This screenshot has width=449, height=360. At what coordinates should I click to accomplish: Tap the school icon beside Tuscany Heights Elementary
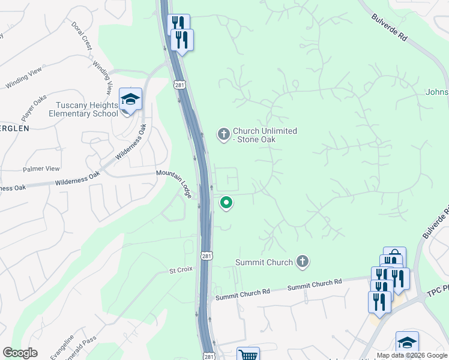point(130,100)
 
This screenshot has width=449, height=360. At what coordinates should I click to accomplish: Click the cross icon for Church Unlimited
point(224,134)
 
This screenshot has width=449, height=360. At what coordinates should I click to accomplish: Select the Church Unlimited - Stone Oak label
point(265,135)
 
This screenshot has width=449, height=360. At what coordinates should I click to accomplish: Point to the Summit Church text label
point(264,262)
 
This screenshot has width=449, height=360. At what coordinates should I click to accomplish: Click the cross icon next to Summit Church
point(303,262)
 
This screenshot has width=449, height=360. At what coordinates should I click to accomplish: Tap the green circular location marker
point(226,203)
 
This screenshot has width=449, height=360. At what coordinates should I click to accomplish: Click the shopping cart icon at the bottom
point(248,355)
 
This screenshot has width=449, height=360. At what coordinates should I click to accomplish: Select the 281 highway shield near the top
point(180,85)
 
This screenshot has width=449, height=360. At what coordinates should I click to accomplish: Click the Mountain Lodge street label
point(173,182)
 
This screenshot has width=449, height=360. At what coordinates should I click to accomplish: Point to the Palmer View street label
point(41,169)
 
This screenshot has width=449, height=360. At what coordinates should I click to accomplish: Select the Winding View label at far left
point(21,80)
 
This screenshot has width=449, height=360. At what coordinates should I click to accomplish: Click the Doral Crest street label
point(82,36)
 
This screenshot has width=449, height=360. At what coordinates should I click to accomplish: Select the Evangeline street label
point(62,347)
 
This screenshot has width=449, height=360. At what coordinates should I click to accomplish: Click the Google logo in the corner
point(20,353)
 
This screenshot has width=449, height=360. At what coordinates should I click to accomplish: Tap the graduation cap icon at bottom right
point(407,341)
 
